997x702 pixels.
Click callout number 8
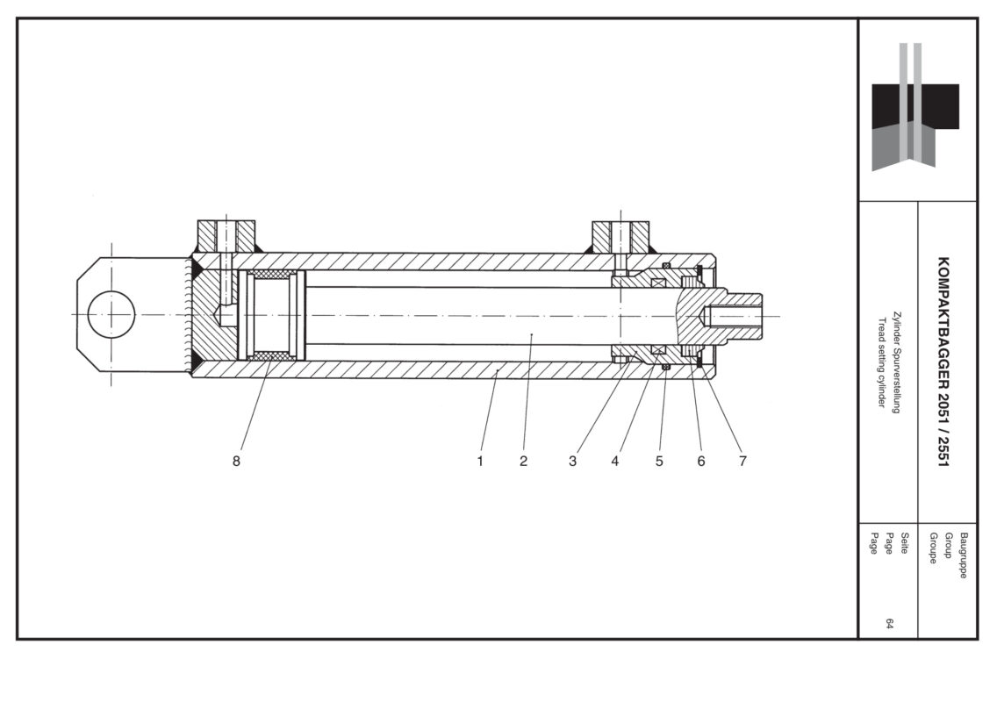coord(236,462)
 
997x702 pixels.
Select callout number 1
coord(481,462)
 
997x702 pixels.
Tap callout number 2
coord(523,462)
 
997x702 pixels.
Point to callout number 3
coord(572,462)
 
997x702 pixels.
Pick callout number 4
coord(615,462)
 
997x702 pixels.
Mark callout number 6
coord(701,462)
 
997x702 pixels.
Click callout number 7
coord(742,462)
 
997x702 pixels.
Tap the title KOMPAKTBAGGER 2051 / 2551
coord(943,361)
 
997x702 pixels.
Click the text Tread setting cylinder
coord(883,362)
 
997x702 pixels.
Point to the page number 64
coord(889,624)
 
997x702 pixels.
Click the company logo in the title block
coord(915,106)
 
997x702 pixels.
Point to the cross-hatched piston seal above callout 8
coord(272,355)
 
